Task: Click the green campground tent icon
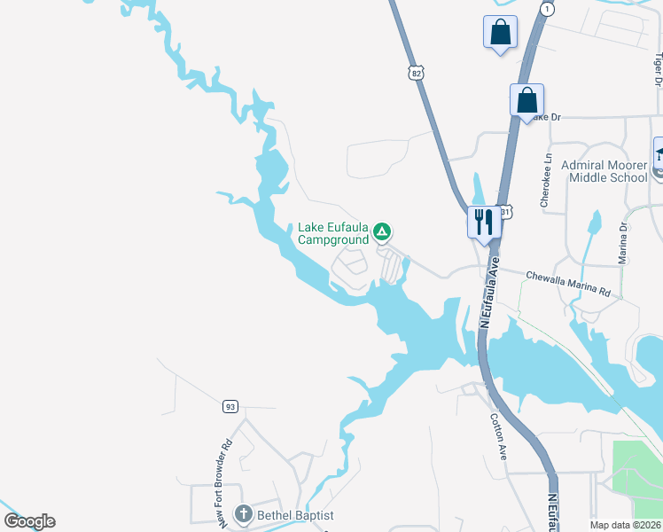tap(381, 232)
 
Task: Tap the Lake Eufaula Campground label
tap(332, 233)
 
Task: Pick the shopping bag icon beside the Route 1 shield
tap(500, 33)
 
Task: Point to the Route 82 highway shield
tap(417, 74)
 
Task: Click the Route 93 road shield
tap(230, 407)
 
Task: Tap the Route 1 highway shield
tap(549, 9)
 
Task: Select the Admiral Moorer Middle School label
tap(604, 171)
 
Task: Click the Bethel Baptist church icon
tap(243, 513)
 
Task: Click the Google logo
tap(29, 521)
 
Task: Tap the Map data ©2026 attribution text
tap(625, 525)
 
